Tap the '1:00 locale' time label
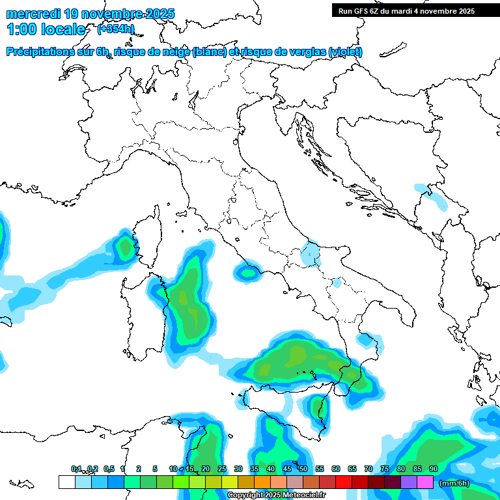[46, 29]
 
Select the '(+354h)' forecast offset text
[116, 29]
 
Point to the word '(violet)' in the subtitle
[345, 52]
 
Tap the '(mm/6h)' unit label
[454, 483]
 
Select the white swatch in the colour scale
[66, 482]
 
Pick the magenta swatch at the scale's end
[425, 482]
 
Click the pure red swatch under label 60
[344, 482]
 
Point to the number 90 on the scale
[433, 469]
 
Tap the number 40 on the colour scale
[270, 469]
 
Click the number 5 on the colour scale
[155, 469]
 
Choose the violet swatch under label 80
[409, 482]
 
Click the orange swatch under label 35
[262, 482]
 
